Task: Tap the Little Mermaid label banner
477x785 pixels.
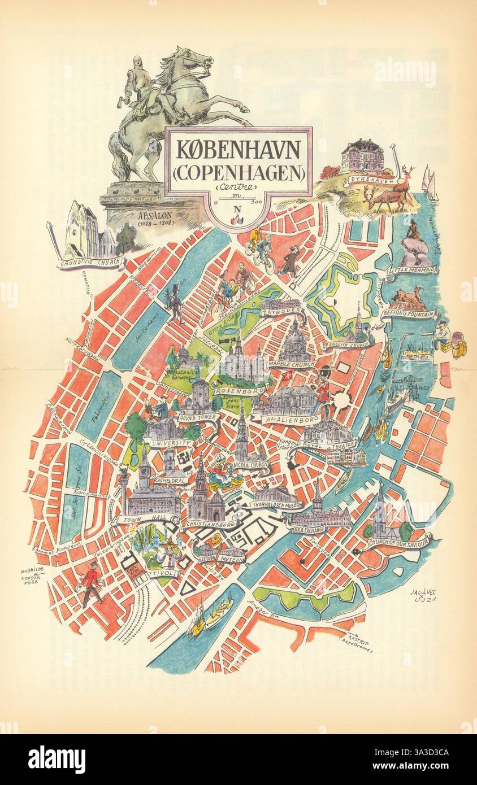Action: point(413,271)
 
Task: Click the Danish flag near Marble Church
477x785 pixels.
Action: point(273,376)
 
